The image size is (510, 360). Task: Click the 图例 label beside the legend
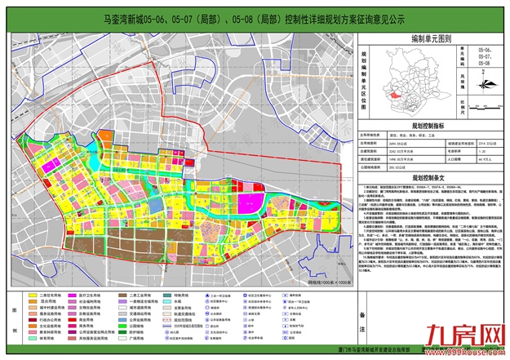(11, 311)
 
